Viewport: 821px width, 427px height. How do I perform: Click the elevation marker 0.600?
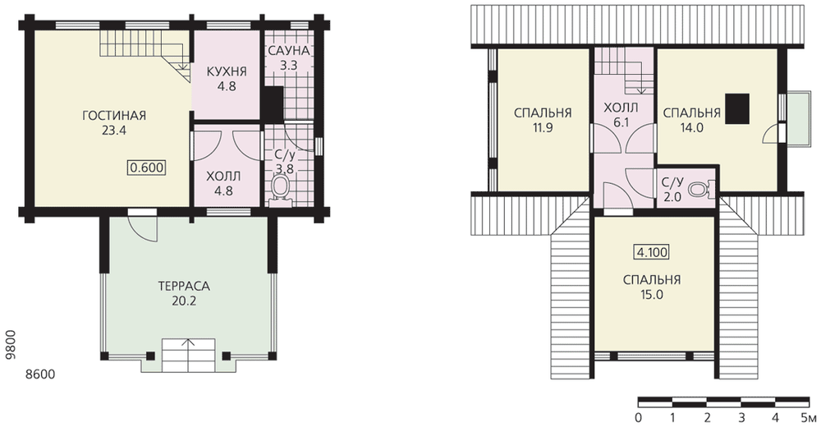tap(147, 168)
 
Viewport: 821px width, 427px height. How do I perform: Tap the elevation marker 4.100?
tap(651, 252)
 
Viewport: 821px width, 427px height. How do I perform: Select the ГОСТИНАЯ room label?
tap(114, 115)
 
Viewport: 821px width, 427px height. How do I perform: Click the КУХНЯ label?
tap(227, 71)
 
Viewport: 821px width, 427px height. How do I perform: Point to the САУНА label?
tap(289, 51)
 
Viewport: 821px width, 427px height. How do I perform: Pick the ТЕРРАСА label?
tap(184, 286)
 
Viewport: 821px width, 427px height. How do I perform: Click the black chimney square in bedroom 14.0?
tap(737, 108)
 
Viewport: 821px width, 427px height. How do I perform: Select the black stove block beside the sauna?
tap(273, 103)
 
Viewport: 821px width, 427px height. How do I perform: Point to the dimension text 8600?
tap(40, 374)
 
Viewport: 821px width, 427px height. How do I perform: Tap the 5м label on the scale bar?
tap(809, 418)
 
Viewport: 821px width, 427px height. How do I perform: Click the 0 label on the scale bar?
tap(638, 418)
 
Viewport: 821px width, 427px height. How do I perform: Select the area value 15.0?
tap(651, 295)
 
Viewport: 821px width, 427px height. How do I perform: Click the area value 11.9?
tap(542, 127)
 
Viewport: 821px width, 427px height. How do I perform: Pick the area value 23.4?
tap(114, 131)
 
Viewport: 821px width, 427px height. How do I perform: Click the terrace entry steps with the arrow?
tap(189, 355)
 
